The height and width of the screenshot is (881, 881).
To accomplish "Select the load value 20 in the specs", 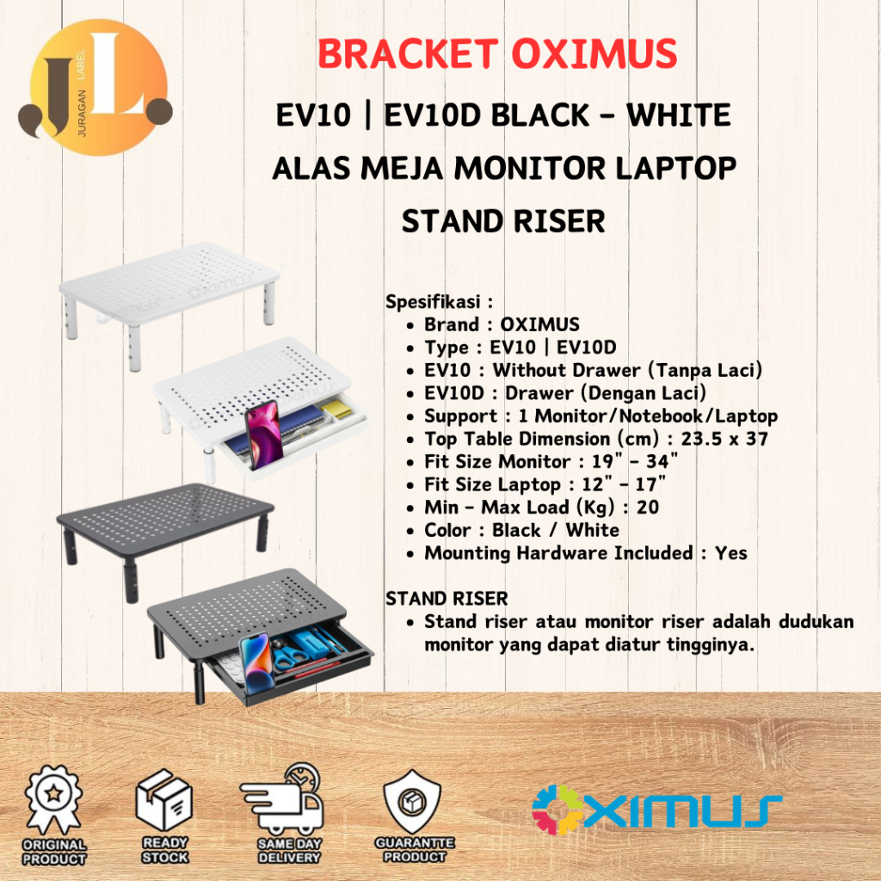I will pyautogui.click(x=648, y=507).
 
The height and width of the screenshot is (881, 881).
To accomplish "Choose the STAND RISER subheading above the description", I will pyautogui.click(x=447, y=598).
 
